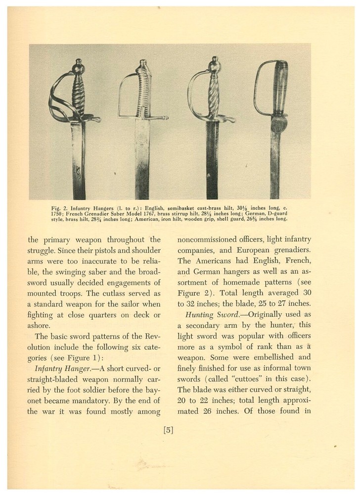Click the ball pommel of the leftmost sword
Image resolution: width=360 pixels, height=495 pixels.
pyautogui.click(x=78, y=67)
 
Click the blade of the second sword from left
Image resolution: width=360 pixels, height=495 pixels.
pyautogui.click(x=142, y=158)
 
